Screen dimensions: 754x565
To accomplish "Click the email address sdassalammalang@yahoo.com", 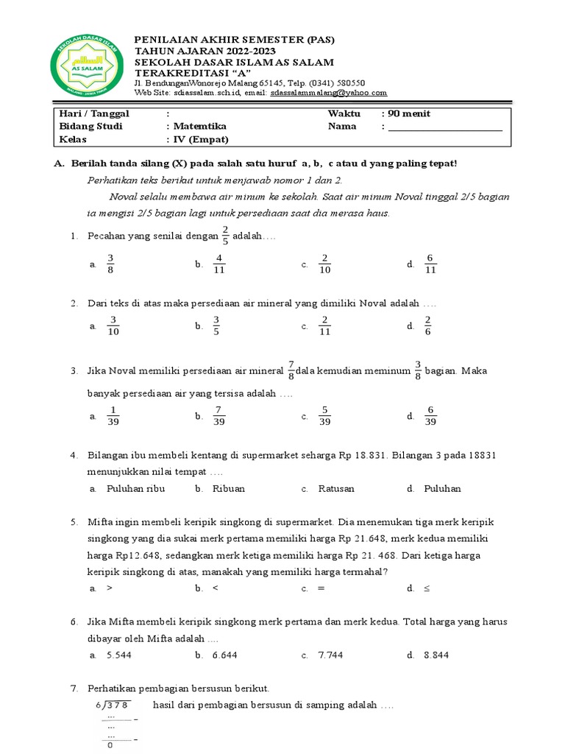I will pyautogui.click(x=328, y=93).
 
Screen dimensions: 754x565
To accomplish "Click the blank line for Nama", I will pyautogui.click(x=445, y=127).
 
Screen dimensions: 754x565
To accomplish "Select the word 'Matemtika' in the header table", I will pyautogui.click(x=199, y=127).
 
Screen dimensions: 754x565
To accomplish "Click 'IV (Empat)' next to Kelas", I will pyautogui.click(x=200, y=139).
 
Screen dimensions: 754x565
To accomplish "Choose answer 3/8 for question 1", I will pyautogui.click(x=110, y=264).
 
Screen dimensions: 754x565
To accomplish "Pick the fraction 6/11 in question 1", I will pyautogui.click(x=430, y=264).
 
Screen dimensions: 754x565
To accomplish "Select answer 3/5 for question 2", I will pyautogui.click(x=216, y=325).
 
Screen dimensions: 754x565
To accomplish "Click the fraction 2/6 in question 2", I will pyautogui.click(x=427, y=325).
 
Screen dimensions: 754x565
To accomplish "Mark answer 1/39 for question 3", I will pyautogui.click(x=113, y=416).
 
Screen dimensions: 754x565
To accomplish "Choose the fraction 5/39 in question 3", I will pyautogui.click(x=324, y=416).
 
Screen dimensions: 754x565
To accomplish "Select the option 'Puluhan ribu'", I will pyautogui.click(x=135, y=488).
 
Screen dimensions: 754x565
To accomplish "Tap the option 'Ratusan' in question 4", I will pyautogui.click(x=336, y=488).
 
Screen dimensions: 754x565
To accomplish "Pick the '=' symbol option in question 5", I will pyautogui.click(x=321, y=588).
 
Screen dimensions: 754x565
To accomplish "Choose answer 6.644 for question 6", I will pyautogui.click(x=225, y=655).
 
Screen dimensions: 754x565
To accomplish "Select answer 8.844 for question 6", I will pyautogui.click(x=436, y=655).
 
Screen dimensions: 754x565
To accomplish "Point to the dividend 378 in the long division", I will pyautogui.click(x=117, y=705).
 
